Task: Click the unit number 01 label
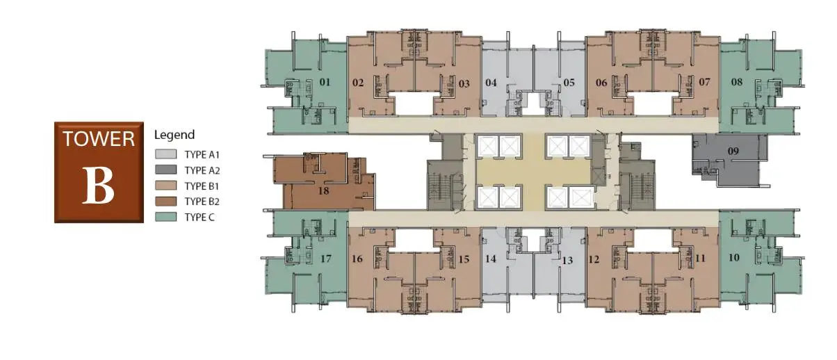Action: click(x=325, y=82)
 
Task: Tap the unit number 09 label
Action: click(x=733, y=152)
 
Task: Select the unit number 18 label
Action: click(x=323, y=191)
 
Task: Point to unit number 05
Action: click(x=569, y=83)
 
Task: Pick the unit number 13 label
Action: click(x=567, y=261)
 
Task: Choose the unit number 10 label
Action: click(x=734, y=258)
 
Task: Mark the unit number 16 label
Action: click(x=357, y=259)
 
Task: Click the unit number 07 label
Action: click(x=704, y=82)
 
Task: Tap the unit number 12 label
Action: click(x=594, y=259)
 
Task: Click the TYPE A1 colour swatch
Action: click(x=166, y=154)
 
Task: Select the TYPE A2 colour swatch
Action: click(x=166, y=170)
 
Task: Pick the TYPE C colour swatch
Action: click(x=166, y=217)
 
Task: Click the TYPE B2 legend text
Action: click(x=202, y=202)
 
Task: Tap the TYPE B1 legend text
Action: click(x=202, y=186)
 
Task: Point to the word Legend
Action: click(x=174, y=135)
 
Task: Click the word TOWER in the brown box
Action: click(x=99, y=139)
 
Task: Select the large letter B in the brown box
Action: click(x=98, y=186)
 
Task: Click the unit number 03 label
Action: click(x=464, y=83)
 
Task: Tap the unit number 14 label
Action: click(x=491, y=259)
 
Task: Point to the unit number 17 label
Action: click(x=326, y=259)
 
